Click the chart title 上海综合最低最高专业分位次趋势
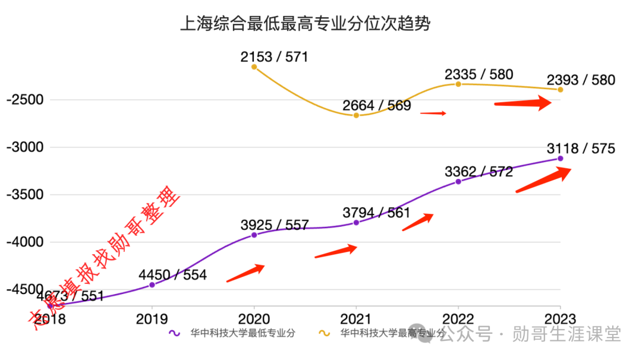(x=305, y=24)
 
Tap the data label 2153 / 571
(x=275, y=57)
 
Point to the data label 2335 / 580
(x=479, y=75)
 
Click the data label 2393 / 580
(x=581, y=80)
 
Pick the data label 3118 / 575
(x=581, y=149)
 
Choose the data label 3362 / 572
(x=479, y=172)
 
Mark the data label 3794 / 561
(x=376, y=212)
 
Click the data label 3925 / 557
(x=275, y=225)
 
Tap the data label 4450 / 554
(x=172, y=275)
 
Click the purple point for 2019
(x=152, y=285)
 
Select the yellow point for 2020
(x=254, y=67)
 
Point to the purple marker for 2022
(x=458, y=181)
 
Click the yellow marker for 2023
(x=561, y=90)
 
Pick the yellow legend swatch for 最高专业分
(x=325, y=334)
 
